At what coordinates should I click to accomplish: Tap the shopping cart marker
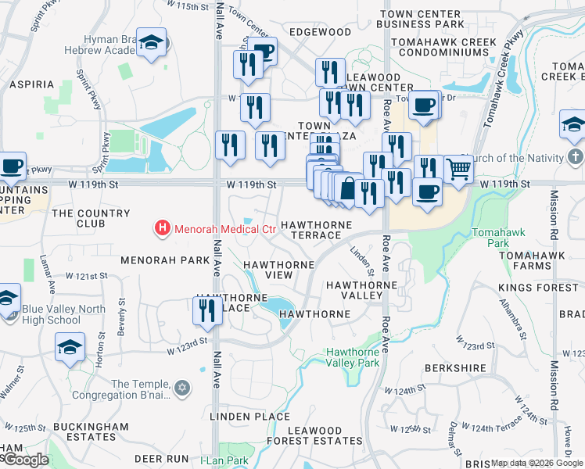coord(458,169)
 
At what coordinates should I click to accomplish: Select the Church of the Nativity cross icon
coord(575,158)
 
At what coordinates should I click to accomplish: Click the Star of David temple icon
coord(182,388)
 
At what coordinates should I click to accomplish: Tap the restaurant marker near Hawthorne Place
coord(207,310)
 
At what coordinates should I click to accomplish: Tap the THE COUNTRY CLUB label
coord(91,218)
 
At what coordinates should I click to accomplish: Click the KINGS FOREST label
coord(547,288)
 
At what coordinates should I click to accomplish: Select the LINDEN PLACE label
coord(249,417)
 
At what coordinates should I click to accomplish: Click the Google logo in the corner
coord(25,460)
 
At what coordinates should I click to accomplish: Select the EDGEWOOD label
coord(320,32)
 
